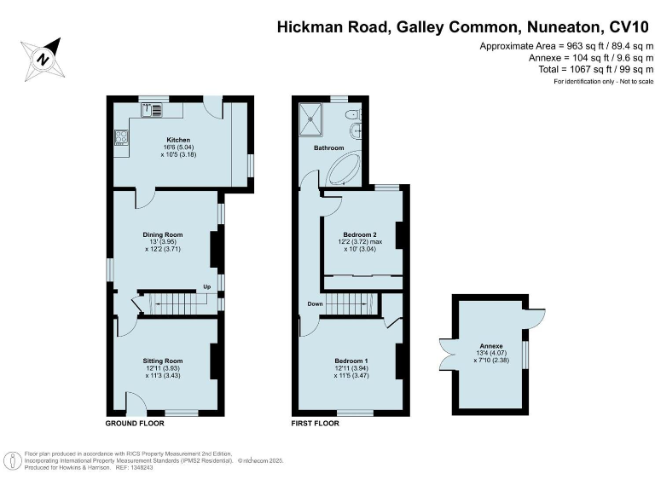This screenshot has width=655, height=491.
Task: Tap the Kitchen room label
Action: (x=178, y=140)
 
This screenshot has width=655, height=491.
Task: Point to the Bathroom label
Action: (x=327, y=147)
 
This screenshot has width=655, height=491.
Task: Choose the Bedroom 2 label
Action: (x=360, y=234)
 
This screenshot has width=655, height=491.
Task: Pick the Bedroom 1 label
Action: (x=352, y=361)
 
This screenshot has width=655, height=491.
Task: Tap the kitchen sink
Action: (x=154, y=109)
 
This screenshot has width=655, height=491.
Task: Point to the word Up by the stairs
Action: (x=206, y=286)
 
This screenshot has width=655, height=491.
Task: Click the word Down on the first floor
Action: (x=316, y=303)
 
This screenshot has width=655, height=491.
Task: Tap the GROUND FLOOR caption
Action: (x=130, y=424)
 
